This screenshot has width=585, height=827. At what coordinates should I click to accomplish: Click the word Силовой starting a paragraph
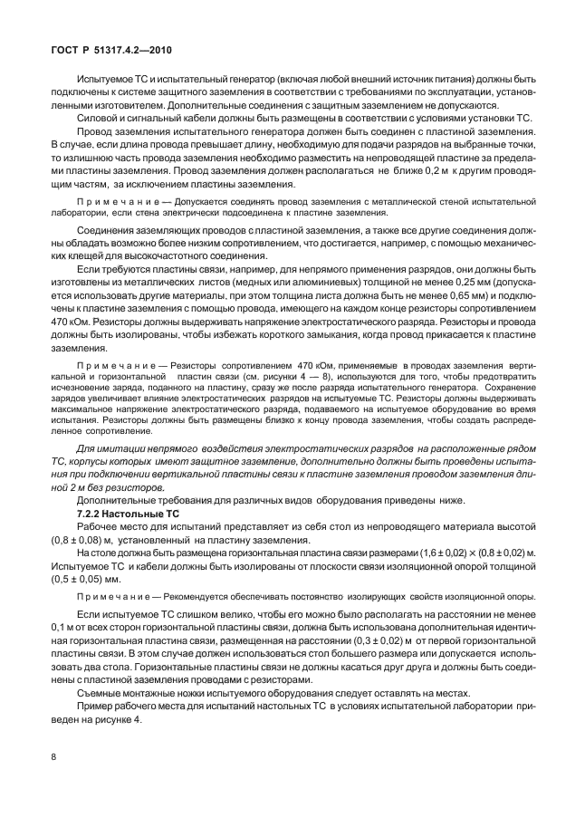pyautogui.click(x=98, y=119)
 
